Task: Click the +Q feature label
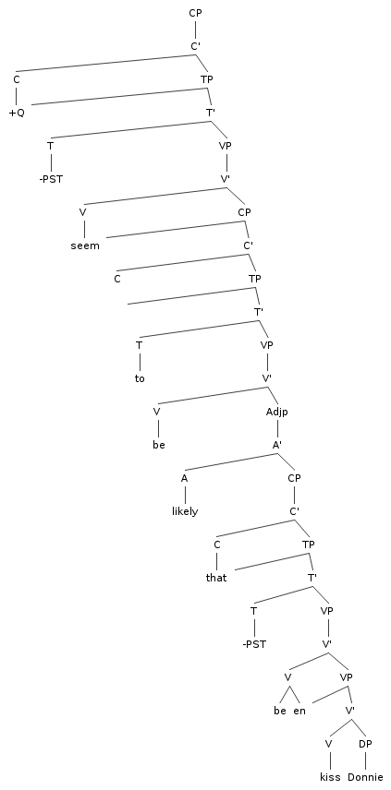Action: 17,113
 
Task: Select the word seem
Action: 85,245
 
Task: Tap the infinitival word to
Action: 140,378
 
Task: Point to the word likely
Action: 185,511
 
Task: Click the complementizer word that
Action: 216,578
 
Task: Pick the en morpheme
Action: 299,711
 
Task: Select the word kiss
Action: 331,777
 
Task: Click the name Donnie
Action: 365,777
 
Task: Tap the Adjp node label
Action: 277,413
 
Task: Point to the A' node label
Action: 277,445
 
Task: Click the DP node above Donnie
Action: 365,744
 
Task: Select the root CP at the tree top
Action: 195,13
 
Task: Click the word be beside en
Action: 280,711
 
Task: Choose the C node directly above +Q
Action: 17,79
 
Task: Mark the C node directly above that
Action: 216,545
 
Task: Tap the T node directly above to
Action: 140,345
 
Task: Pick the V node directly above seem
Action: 83,212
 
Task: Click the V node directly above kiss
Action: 328,744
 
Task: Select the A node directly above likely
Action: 185,478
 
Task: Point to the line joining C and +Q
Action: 17,96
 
